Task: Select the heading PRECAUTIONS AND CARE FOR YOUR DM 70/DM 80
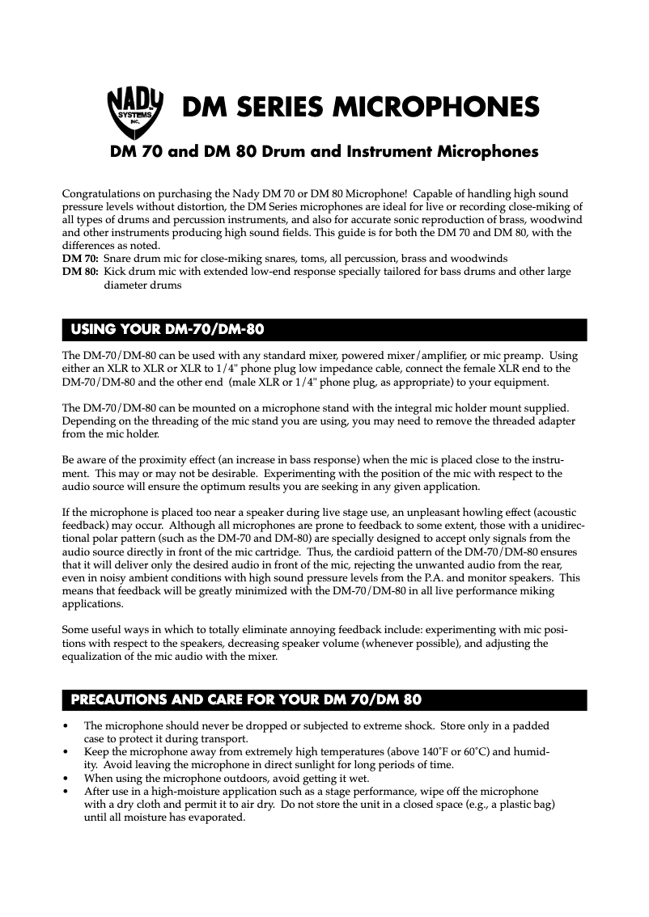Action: point(246,699)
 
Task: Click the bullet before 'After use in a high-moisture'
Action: point(65,792)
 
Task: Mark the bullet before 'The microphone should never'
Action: point(65,726)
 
